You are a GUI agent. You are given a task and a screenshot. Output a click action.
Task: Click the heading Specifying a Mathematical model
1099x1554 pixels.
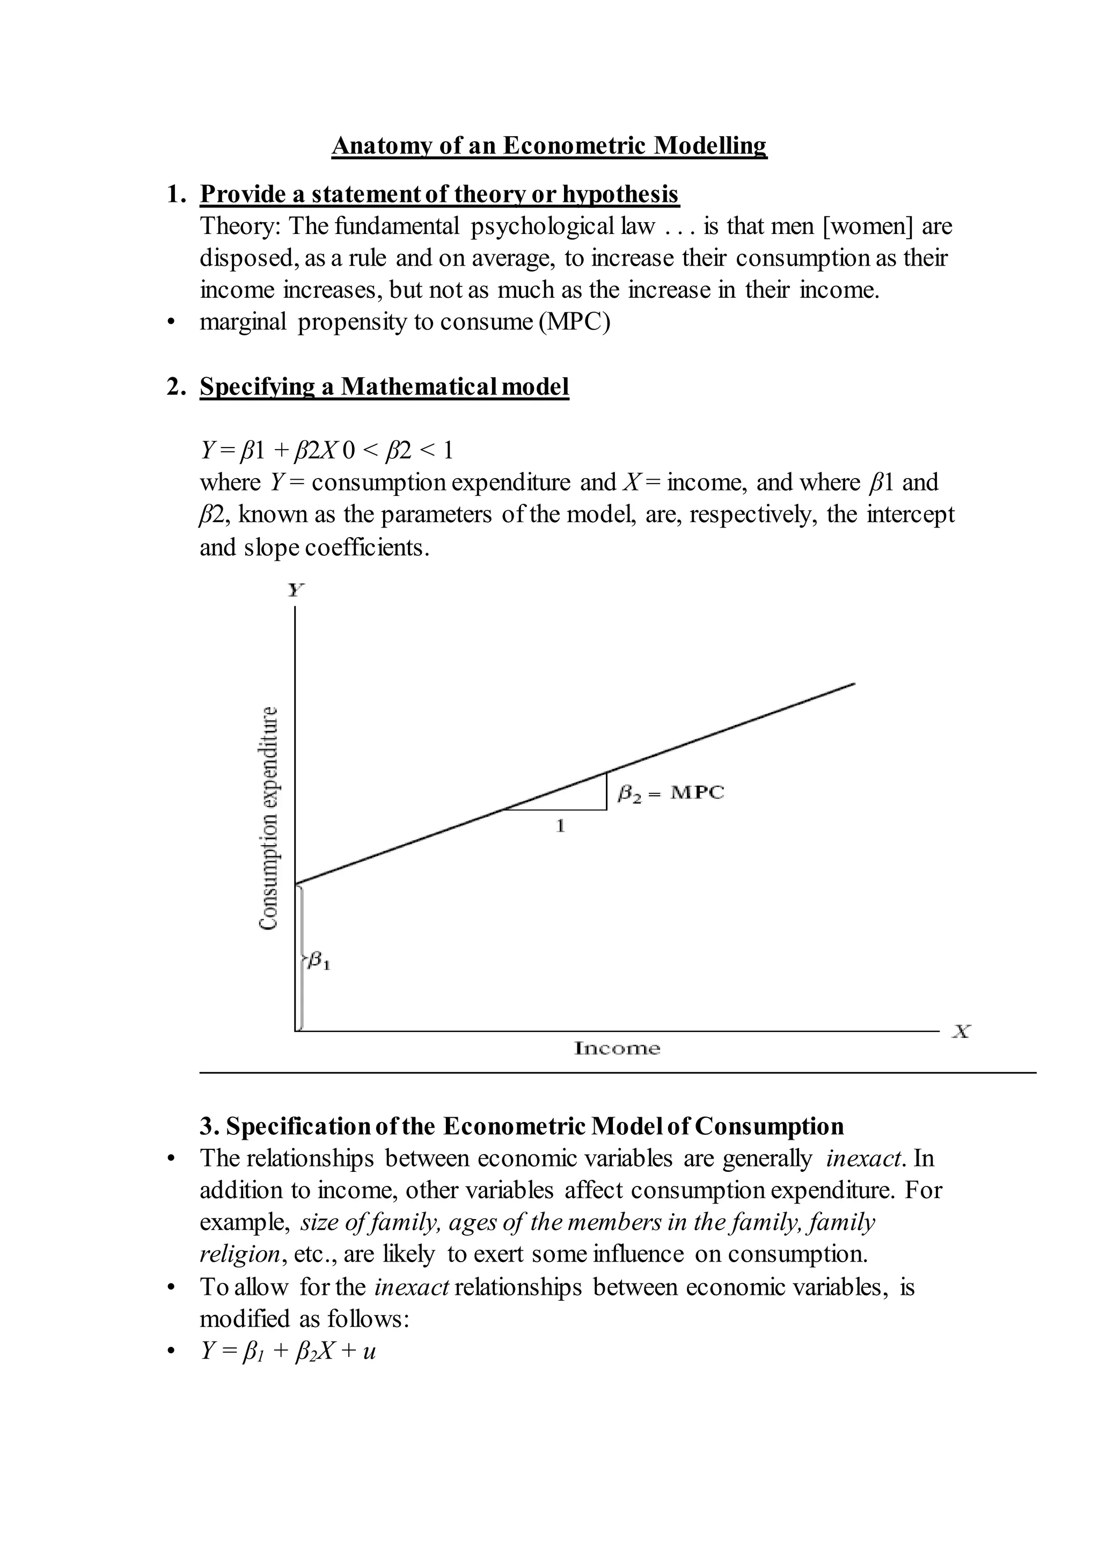pos(384,387)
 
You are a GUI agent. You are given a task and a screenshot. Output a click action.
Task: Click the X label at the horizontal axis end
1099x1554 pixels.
pos(960,1031)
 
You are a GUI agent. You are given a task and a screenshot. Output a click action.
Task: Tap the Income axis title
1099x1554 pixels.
pos(617,1049)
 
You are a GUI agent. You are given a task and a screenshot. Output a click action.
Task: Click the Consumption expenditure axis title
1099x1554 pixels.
pos(269,818)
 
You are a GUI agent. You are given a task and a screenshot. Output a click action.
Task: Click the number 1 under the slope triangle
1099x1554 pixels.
pos(560,826)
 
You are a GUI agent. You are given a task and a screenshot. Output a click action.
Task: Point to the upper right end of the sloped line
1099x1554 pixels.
pos(853,684)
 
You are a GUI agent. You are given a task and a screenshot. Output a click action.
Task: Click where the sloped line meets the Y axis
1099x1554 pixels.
pos(296,883)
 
